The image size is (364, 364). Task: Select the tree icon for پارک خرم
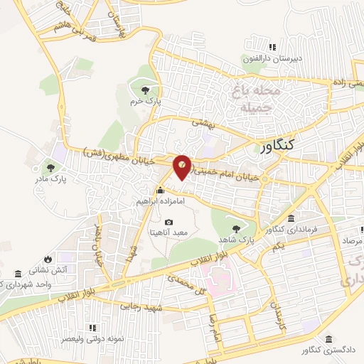click(146, 90)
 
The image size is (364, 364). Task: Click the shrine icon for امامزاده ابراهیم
click(161, 191)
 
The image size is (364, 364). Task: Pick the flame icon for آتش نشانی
click(48, 259)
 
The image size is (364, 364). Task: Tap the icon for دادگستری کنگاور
click(328, 340)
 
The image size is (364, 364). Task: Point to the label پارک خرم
click(146, 102)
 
